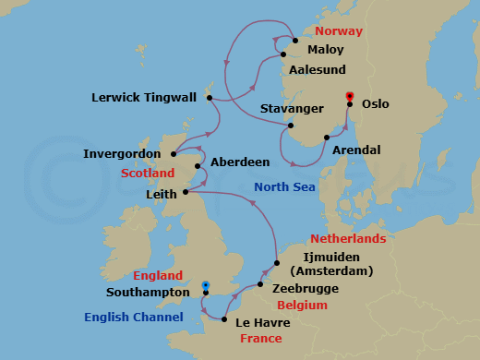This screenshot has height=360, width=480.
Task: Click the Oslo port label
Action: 376,105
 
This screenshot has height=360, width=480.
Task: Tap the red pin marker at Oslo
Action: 349,97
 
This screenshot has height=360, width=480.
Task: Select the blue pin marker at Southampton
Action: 205,286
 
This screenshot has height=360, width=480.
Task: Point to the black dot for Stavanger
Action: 290,126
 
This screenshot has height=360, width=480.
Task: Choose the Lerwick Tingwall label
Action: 147,96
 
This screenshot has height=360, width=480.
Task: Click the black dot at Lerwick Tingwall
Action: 210,97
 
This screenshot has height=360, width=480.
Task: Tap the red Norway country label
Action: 340,31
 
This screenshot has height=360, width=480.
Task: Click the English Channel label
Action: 133,318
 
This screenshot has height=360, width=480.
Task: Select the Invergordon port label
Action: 122,154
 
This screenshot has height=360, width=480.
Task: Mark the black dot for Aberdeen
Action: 198,167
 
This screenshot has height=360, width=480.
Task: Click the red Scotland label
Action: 148,173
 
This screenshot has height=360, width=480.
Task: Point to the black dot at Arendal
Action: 326,138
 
